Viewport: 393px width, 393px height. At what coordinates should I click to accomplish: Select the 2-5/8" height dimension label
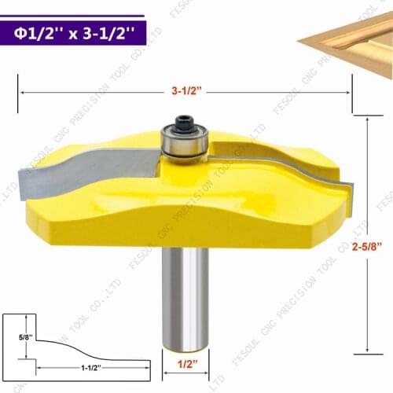368,247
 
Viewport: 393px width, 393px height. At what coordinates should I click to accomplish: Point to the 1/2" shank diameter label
185,365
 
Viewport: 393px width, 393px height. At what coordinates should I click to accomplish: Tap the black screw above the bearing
183,123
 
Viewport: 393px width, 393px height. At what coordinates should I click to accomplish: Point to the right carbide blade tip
347,188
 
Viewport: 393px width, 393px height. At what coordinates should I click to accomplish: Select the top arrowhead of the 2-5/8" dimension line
367,116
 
